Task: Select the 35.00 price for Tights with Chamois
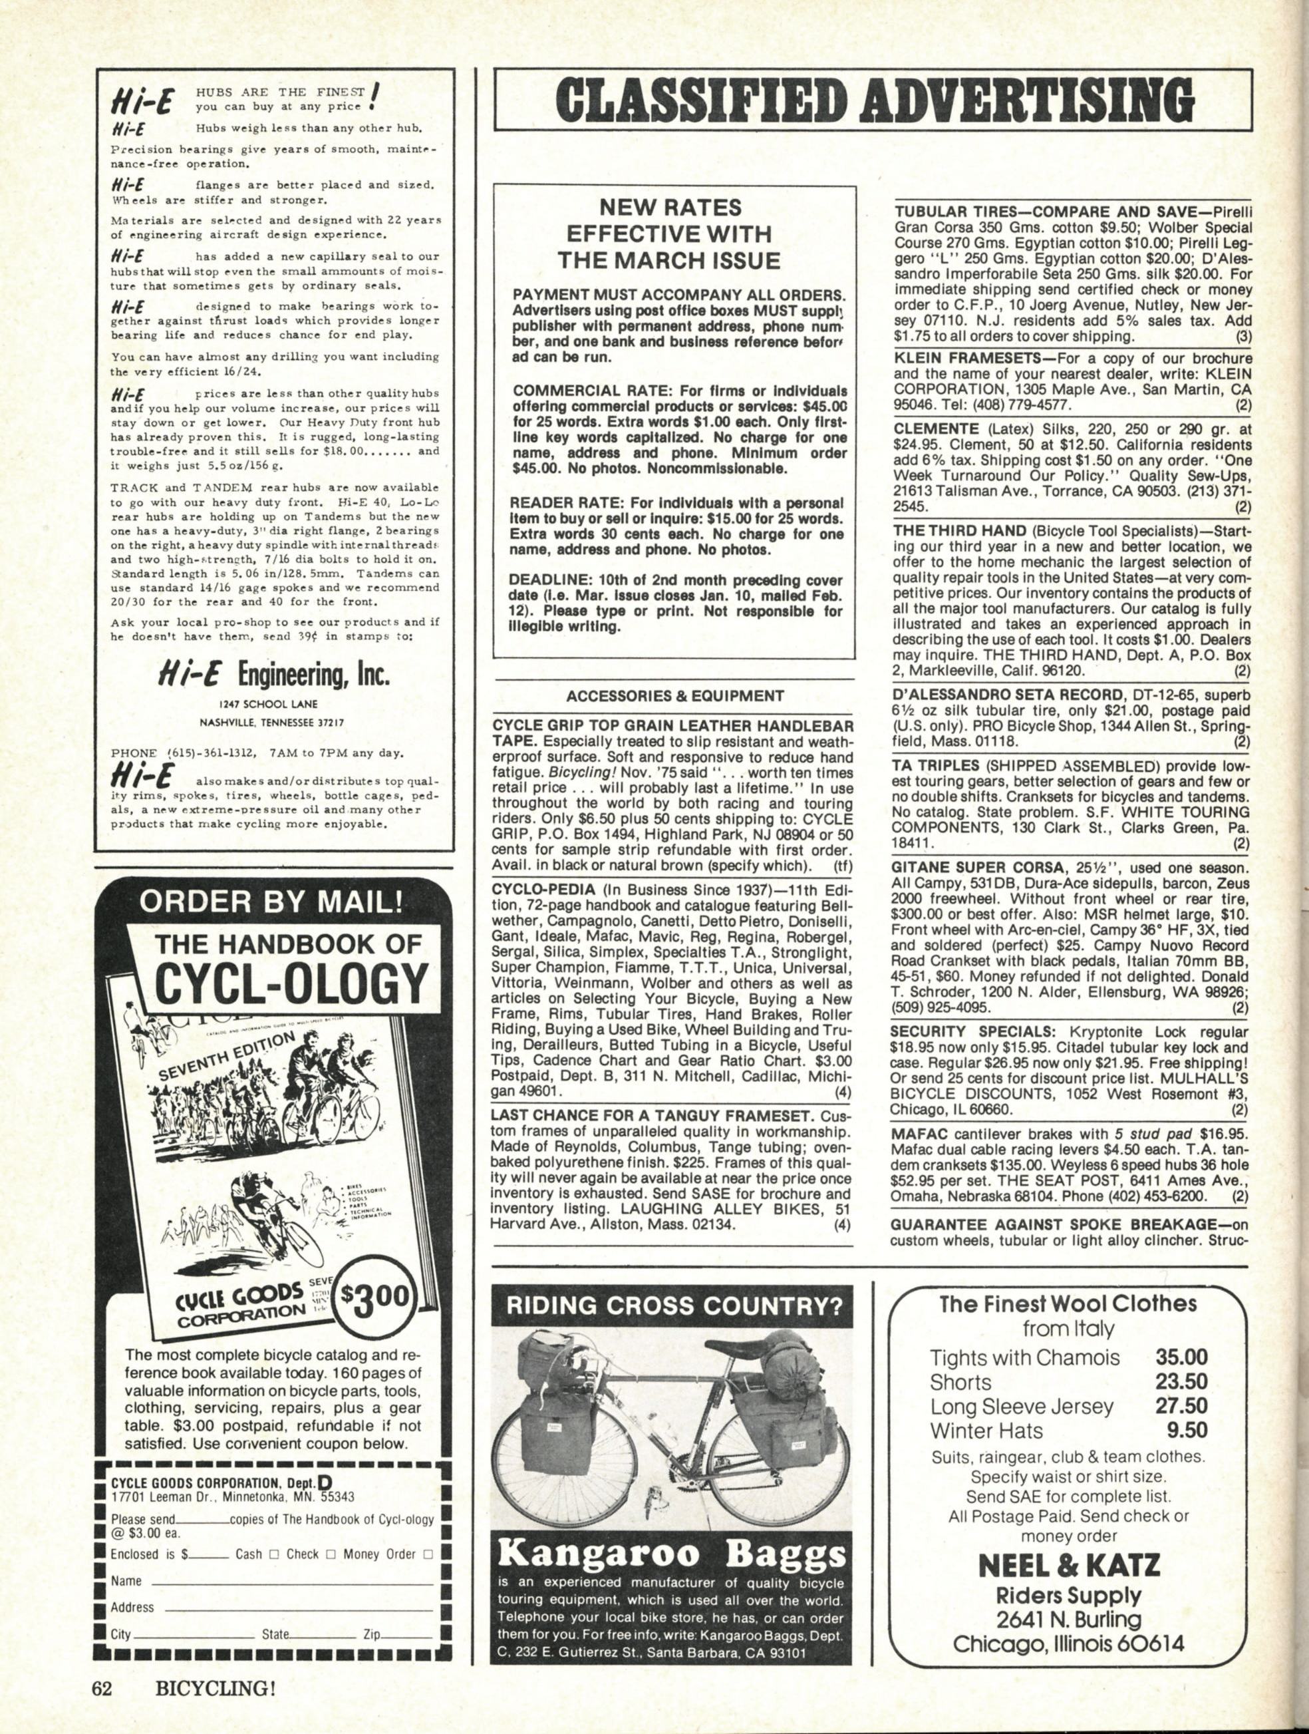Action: click(x=1181, y=1357)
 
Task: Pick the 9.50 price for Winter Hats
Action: click(x=1187, y=1430)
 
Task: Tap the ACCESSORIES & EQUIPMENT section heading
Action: click(x=675, y=695)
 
